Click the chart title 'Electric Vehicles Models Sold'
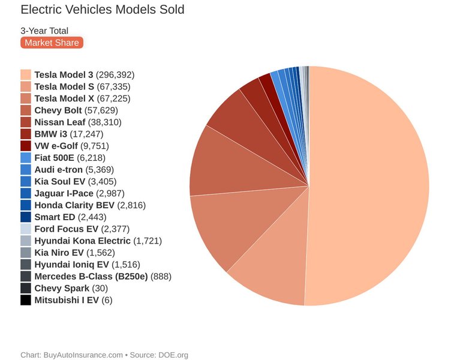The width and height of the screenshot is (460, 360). [x=103, y=10]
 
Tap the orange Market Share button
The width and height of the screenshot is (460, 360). [x=52, y=43]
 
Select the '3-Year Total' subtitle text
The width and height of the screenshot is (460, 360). [x=44, y=31]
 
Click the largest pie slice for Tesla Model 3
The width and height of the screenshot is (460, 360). [x=372, y=180]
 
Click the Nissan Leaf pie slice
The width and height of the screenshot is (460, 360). [x=231, y=111]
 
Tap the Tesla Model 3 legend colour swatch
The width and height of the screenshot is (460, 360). [x=26, y=75]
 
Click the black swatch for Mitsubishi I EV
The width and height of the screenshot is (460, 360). [x=26, y=300]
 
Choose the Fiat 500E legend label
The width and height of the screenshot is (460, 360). [x=55, y=158]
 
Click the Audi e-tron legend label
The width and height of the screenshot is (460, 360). [x=59, y=169]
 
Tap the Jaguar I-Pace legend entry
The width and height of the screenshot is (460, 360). [x=62, y=193]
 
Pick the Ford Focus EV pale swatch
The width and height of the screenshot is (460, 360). [x=26, y=229]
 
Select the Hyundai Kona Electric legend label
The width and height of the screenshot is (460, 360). [x=83, y=241]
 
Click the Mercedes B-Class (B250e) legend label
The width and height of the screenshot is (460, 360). [x=91, y=276]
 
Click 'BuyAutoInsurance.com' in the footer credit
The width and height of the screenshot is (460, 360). [x=83, y=355]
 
